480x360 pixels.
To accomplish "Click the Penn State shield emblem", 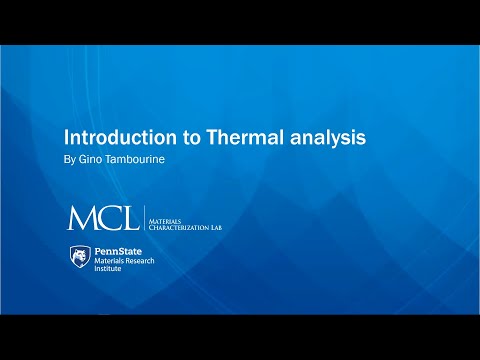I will pos(79,257).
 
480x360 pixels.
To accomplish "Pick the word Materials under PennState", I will pos(111,261).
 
